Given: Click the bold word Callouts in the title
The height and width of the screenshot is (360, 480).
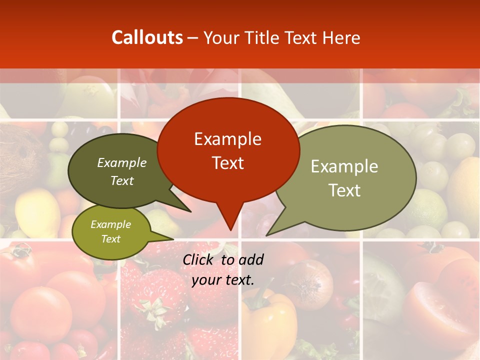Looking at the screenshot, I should (x=147, y=37).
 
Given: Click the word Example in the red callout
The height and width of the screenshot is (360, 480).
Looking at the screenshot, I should (x=227, y=139).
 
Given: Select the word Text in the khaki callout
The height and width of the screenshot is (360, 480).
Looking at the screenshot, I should (x=344, y=190).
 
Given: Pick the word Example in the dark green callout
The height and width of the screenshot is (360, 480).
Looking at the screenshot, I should (x=122, y=162).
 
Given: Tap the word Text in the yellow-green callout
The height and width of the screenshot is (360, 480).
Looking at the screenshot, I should (x=111, y=239).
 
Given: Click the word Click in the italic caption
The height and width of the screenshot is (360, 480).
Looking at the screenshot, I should (x=198, y=259).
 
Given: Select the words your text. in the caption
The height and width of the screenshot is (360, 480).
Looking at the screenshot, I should (x=223, y=280).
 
